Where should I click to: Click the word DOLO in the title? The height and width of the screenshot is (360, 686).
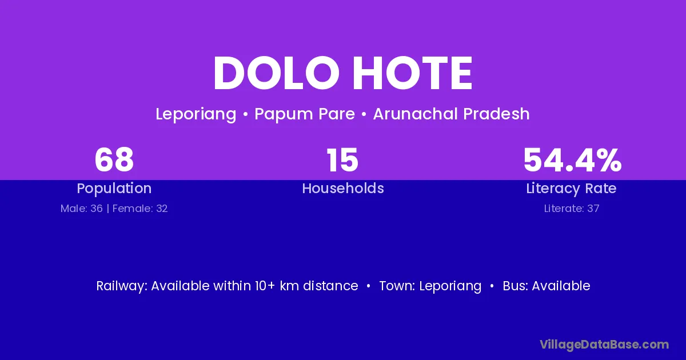(277, 73)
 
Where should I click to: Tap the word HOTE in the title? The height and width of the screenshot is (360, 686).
(413, 73)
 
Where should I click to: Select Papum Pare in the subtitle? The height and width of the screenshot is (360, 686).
(305, 114)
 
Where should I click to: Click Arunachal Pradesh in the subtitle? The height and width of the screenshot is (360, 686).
(452, 114)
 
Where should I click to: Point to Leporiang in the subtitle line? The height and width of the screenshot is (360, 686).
(196, 114)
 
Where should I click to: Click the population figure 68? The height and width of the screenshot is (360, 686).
(114, 160)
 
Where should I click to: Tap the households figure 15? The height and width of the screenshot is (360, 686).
(342, 160)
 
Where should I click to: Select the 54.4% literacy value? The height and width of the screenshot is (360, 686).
(572, 160)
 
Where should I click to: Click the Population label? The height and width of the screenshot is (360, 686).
(114, 189)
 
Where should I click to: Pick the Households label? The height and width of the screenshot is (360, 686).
(343, 188)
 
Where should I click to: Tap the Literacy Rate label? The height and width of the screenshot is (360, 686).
(572, 189)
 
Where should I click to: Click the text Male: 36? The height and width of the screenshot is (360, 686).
(81, 209)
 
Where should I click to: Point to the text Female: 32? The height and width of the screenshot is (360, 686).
(140, 209)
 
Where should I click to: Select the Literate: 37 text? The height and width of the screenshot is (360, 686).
(572, 209)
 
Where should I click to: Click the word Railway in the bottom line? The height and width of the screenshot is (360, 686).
(122, 286)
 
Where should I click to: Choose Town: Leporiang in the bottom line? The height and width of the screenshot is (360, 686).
(430, 286)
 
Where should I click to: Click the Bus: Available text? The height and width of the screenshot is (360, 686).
(547, 286)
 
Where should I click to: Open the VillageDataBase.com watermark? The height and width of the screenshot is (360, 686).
(604, 345)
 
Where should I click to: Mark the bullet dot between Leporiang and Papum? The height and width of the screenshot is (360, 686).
(245, 114)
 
